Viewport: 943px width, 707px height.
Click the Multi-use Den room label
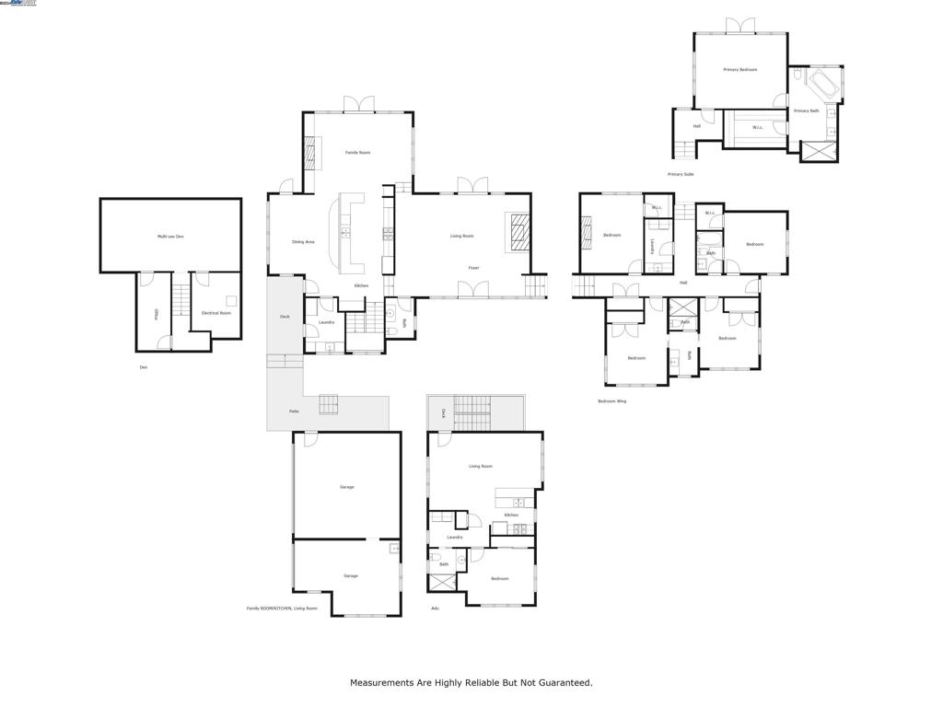coord(170,237)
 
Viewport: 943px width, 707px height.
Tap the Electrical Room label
coord(216,313)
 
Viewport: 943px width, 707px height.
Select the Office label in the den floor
coord(157,314)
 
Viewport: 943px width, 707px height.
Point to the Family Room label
coord(357,152)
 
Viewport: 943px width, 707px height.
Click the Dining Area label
coord(303,242)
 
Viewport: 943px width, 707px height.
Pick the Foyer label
coord(473,268)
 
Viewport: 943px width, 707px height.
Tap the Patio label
coord(294,411)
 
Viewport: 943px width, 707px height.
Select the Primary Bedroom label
coord(739,70)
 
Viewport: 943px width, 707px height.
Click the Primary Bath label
coord(806,111)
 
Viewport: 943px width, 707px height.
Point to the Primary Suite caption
coord(681,174)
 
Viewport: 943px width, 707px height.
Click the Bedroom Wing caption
coord(611,401)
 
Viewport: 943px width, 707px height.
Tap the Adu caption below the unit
coord(434,608)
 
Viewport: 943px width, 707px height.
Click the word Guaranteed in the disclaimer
coord(561,683)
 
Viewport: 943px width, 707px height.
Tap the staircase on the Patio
coord(328,403)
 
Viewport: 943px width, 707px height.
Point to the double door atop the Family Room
coord(358,103)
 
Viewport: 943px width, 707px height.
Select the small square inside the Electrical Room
coord(231,300)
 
